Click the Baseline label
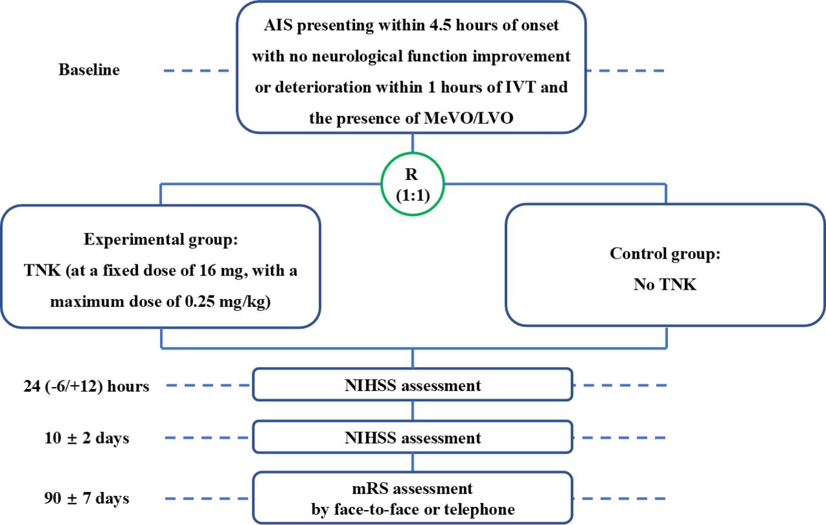89,70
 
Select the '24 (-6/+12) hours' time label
86,386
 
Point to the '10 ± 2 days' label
86,438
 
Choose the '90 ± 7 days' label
86,498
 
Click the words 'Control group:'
665,253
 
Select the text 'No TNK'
665,284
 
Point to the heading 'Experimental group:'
161,240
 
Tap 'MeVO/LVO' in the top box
468,118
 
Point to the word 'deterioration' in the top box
323,87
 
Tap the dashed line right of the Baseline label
196,70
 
